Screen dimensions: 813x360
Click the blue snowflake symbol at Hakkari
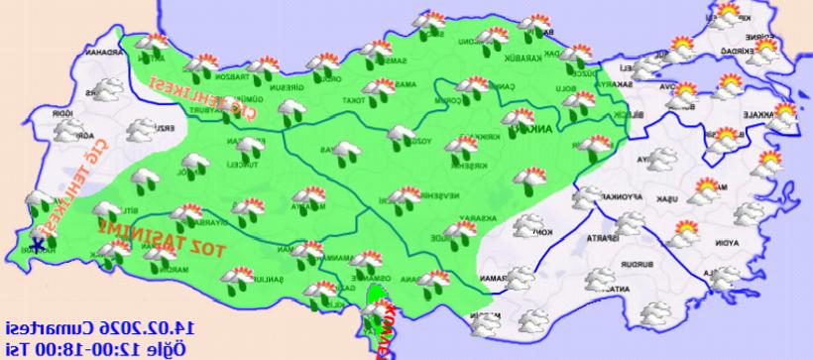[38, 245]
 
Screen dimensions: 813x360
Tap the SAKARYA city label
[635, 84]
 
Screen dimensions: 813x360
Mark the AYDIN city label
[748, 242]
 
